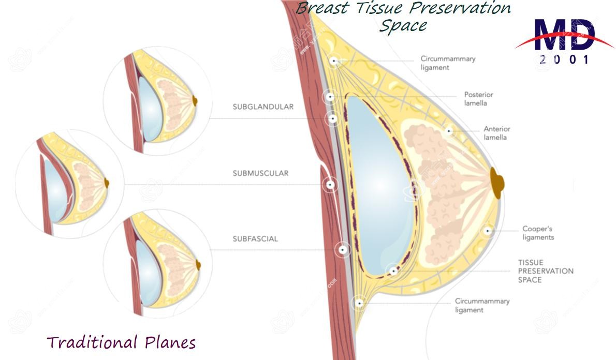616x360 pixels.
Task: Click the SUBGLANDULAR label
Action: click(x=263, y=107)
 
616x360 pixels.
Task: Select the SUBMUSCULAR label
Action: click(x=260, y=173)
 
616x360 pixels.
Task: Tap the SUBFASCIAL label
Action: click(x=255, y=239)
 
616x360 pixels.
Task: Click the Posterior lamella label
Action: click(x=478, y=99)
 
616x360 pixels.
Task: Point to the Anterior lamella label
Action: click(x=496, y=133)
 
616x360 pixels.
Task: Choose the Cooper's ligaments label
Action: click(x=538, y=233)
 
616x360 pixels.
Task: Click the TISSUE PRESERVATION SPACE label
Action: click(x=546, y=271)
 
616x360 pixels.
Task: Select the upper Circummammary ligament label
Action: click(x=448, y=63)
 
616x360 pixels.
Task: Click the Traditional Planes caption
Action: click(x=121, y=342)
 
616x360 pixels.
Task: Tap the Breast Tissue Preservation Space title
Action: click(x=403, y=16)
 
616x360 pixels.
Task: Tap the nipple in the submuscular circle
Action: click(x=107, y=182)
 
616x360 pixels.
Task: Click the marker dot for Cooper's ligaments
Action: click(x=487, y=230)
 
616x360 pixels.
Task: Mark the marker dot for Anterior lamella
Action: click(x=449, y=131)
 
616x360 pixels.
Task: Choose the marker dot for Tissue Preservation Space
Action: click(x=393, y=270)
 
